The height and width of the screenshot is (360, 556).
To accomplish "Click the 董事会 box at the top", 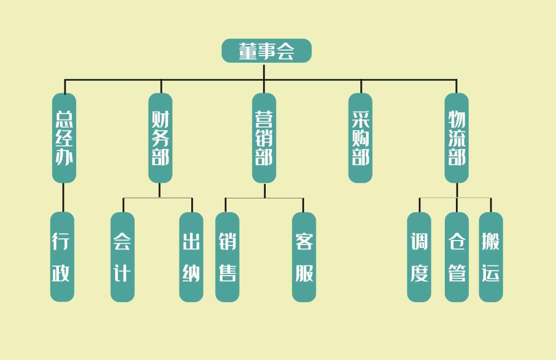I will pos(266,51).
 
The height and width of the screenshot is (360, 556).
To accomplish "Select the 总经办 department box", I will pos(64,138).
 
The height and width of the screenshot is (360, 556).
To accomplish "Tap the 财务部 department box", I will pos(160,138).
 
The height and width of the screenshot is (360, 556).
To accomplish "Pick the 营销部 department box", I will pos(264,138).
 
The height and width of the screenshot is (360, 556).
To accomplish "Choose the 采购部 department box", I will pos(360,138).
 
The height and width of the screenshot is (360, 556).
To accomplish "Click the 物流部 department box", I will pos(456,138).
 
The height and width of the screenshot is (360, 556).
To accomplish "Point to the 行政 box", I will pos(62,257).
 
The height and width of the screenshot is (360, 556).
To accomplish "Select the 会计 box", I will pos(122,257).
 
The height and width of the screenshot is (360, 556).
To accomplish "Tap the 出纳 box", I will pos(191,257).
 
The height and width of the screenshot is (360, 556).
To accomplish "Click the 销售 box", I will pos(227,257).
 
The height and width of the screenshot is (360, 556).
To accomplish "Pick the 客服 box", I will pos(304,257).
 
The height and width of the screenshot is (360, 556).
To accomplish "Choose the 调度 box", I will pos(419,257).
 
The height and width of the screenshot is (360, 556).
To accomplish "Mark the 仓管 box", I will pos(456,257).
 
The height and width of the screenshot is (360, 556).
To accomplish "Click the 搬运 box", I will pos(491,257).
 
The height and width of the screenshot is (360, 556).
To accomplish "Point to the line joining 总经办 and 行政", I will pos(63,197).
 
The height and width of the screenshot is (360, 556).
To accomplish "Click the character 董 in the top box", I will pos(248,52).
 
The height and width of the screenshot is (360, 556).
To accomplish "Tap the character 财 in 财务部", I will pos(160,118).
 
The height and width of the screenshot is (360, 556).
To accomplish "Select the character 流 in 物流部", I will pos(456,138).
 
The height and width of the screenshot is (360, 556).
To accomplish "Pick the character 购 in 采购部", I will pos(360,138).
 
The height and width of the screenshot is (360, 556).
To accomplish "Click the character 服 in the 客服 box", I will pos(304,273).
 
